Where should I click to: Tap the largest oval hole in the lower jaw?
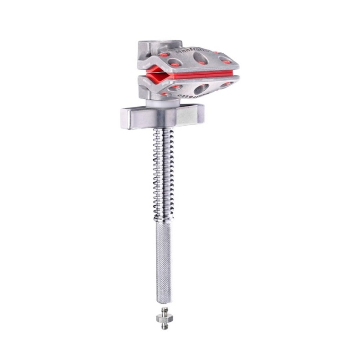coord(202,89)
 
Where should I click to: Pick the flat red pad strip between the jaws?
coord(205,74)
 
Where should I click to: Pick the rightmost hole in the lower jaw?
coord(226,84)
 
